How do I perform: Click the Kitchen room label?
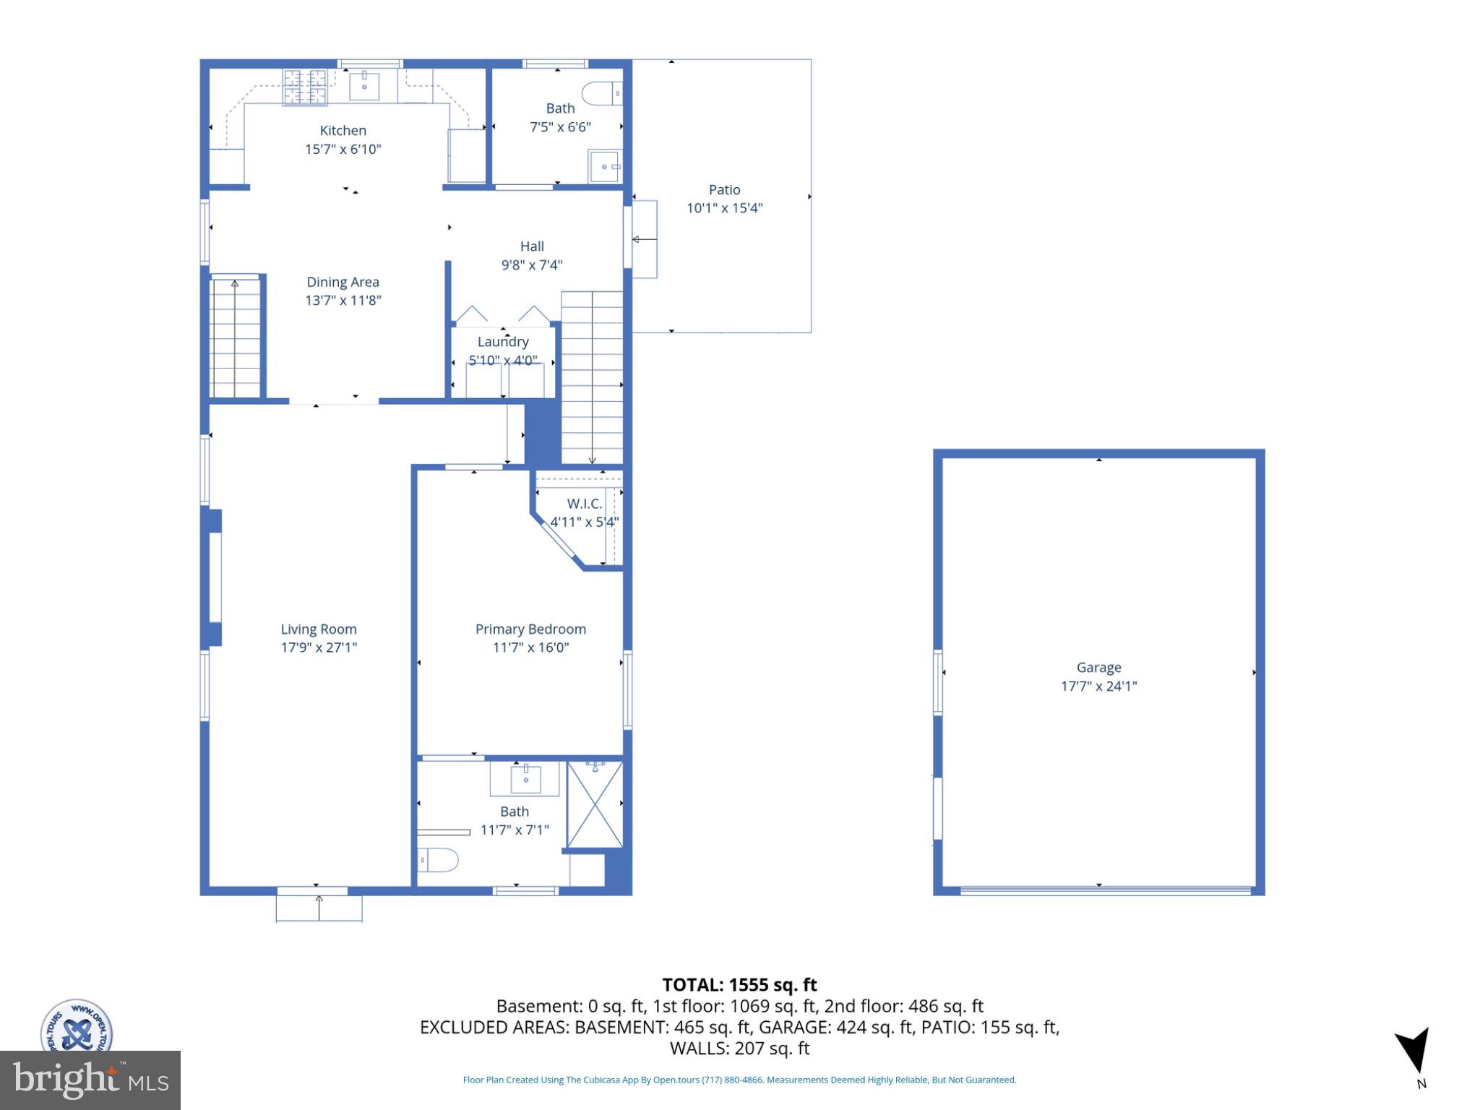[x=343, y=131]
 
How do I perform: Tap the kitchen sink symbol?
[x=364, y=85]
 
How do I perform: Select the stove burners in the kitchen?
[x=304, y=87]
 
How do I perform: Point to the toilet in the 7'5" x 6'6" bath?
[x=602, y=93]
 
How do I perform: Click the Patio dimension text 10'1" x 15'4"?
[x=724, y=208]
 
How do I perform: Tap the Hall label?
[x=532, y=246]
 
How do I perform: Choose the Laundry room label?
[x=503, y=342]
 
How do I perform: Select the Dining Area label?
[x=343, y=283]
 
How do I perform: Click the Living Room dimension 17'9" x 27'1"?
[x=319, y=647]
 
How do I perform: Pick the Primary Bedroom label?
[x=530, y=629]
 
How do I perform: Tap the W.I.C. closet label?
[x=584, y=504]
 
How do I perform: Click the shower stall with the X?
[x=594, y=804]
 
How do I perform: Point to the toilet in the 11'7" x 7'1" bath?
[x=439, y=860]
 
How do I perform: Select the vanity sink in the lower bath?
[x=526, y=779]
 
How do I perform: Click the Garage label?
[x=1098, y=668]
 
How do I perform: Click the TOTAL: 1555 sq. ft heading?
[x=739, y=985]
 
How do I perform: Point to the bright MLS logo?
[x=90, y=1080]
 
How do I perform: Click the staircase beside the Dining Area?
[x=235, y=337]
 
